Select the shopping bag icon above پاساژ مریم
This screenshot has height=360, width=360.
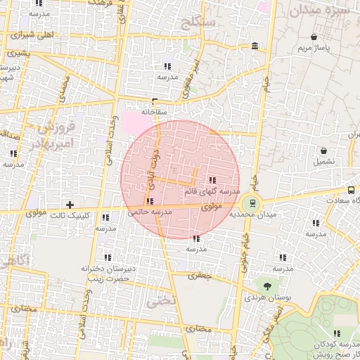313,37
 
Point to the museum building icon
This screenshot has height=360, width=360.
254,46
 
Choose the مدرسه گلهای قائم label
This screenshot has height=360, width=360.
212,191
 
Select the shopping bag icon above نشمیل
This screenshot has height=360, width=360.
323,150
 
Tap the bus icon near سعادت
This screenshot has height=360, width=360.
352,190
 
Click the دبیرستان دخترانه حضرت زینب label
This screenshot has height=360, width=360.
106,274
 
